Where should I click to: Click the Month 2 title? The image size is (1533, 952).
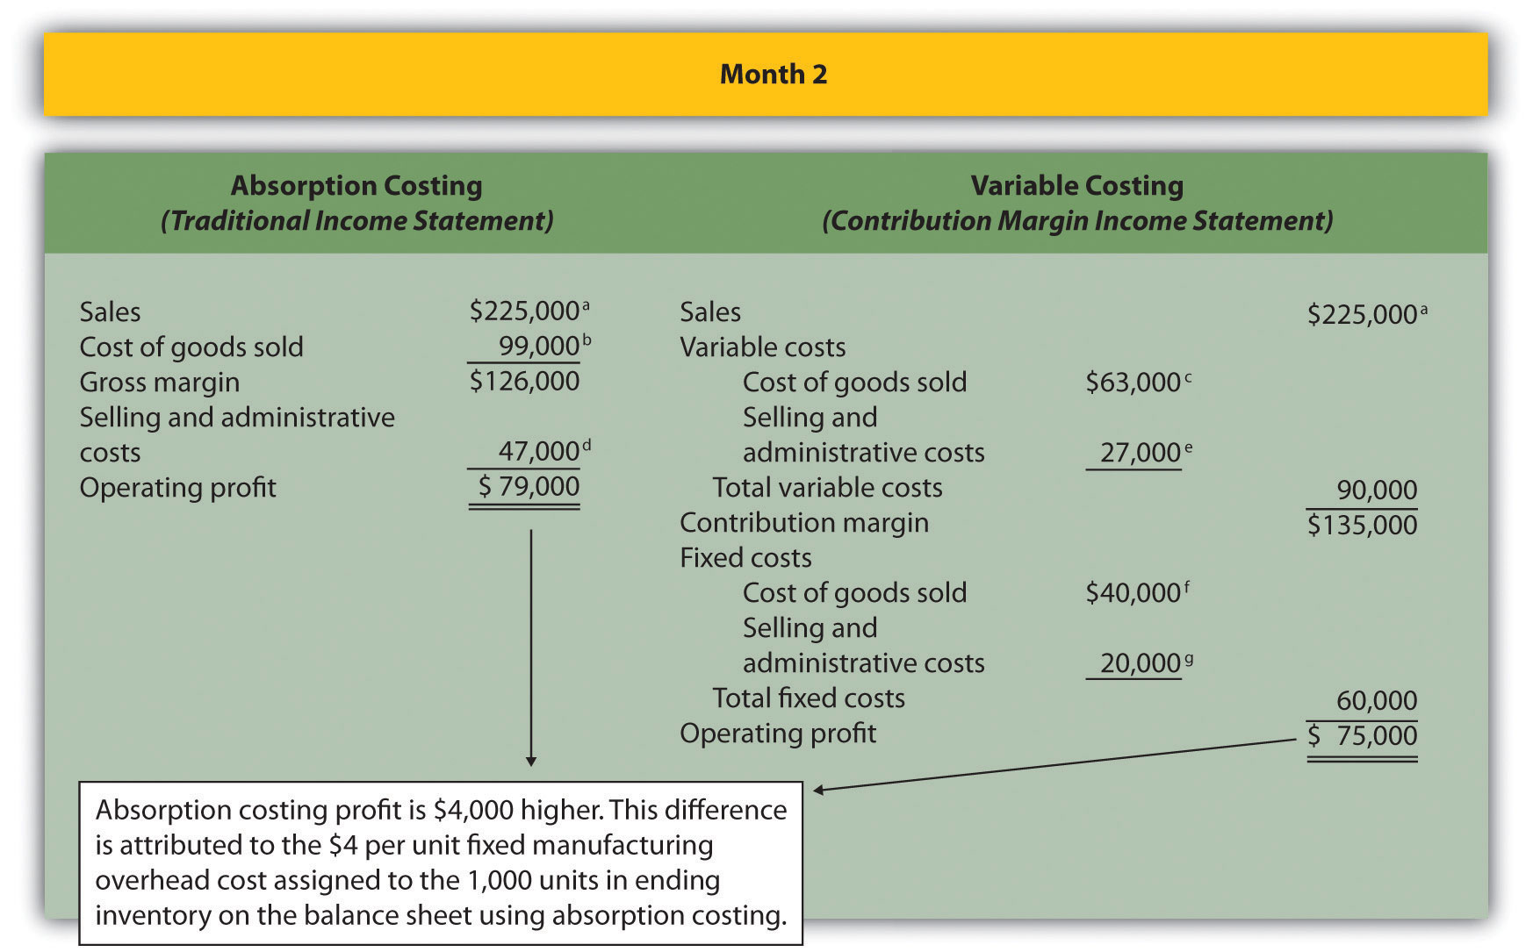pos(773,75)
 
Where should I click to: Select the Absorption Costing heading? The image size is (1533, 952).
pos(356,186)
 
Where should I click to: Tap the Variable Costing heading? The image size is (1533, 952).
pos(1076,186)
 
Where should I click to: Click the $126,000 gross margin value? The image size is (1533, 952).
pos(524,382)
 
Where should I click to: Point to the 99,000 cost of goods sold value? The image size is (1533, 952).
pos(538,347)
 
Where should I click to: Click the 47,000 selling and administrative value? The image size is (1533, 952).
pos(538,452)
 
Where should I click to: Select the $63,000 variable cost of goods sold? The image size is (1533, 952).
pos(1133,383)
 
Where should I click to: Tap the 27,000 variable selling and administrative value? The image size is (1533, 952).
pos(1140,453)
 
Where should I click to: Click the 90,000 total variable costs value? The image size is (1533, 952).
pos(1376,490)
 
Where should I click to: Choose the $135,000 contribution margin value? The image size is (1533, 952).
pos(1362,526)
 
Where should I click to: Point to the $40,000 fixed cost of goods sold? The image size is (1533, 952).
pos(1133,593)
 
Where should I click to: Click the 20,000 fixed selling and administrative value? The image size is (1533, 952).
pos(1140,663)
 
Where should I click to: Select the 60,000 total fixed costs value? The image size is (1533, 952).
pos(1376,701)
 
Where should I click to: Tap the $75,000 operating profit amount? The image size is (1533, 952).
pos(1363,736)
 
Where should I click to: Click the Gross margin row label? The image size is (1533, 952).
pos(159,383)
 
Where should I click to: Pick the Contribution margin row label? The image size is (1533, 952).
pos(803,523)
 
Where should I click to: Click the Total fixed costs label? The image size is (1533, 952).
pos(808,698)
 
